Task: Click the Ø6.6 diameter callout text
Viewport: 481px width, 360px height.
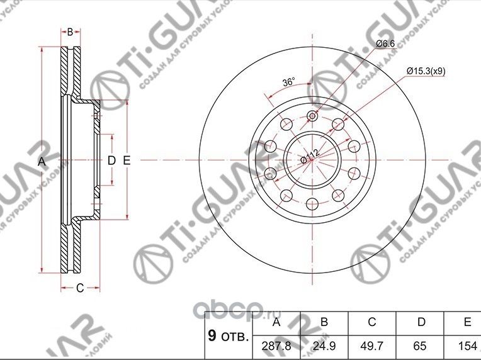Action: [x=385, y=43]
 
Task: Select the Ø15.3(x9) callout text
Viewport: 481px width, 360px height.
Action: [x=426, y=71]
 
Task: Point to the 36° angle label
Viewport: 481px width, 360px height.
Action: [x=288, y=82]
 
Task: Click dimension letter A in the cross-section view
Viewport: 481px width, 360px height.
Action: [x=42, y=162]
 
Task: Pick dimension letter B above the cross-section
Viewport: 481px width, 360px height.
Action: [x=71, y=32]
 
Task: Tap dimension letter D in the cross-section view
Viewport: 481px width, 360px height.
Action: [x=111, y=161]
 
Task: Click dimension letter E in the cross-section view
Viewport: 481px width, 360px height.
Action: [x=126, y=161]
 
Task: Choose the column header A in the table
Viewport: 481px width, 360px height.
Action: [x=276, y=322]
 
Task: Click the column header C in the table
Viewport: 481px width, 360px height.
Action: [x=371, y=322]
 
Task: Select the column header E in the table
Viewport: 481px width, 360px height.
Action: [x=467, y=322]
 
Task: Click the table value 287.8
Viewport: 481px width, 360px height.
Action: [x=276, y=346]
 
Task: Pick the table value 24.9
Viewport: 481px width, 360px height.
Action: [x=324, y=346]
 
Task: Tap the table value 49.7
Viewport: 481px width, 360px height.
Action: [x=371, y=346]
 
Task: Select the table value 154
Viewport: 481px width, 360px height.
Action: [x=467, y=346]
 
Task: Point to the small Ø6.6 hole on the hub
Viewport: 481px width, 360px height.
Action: [x=313, y=116]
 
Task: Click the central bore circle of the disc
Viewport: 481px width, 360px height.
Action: [x=313, y=160]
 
